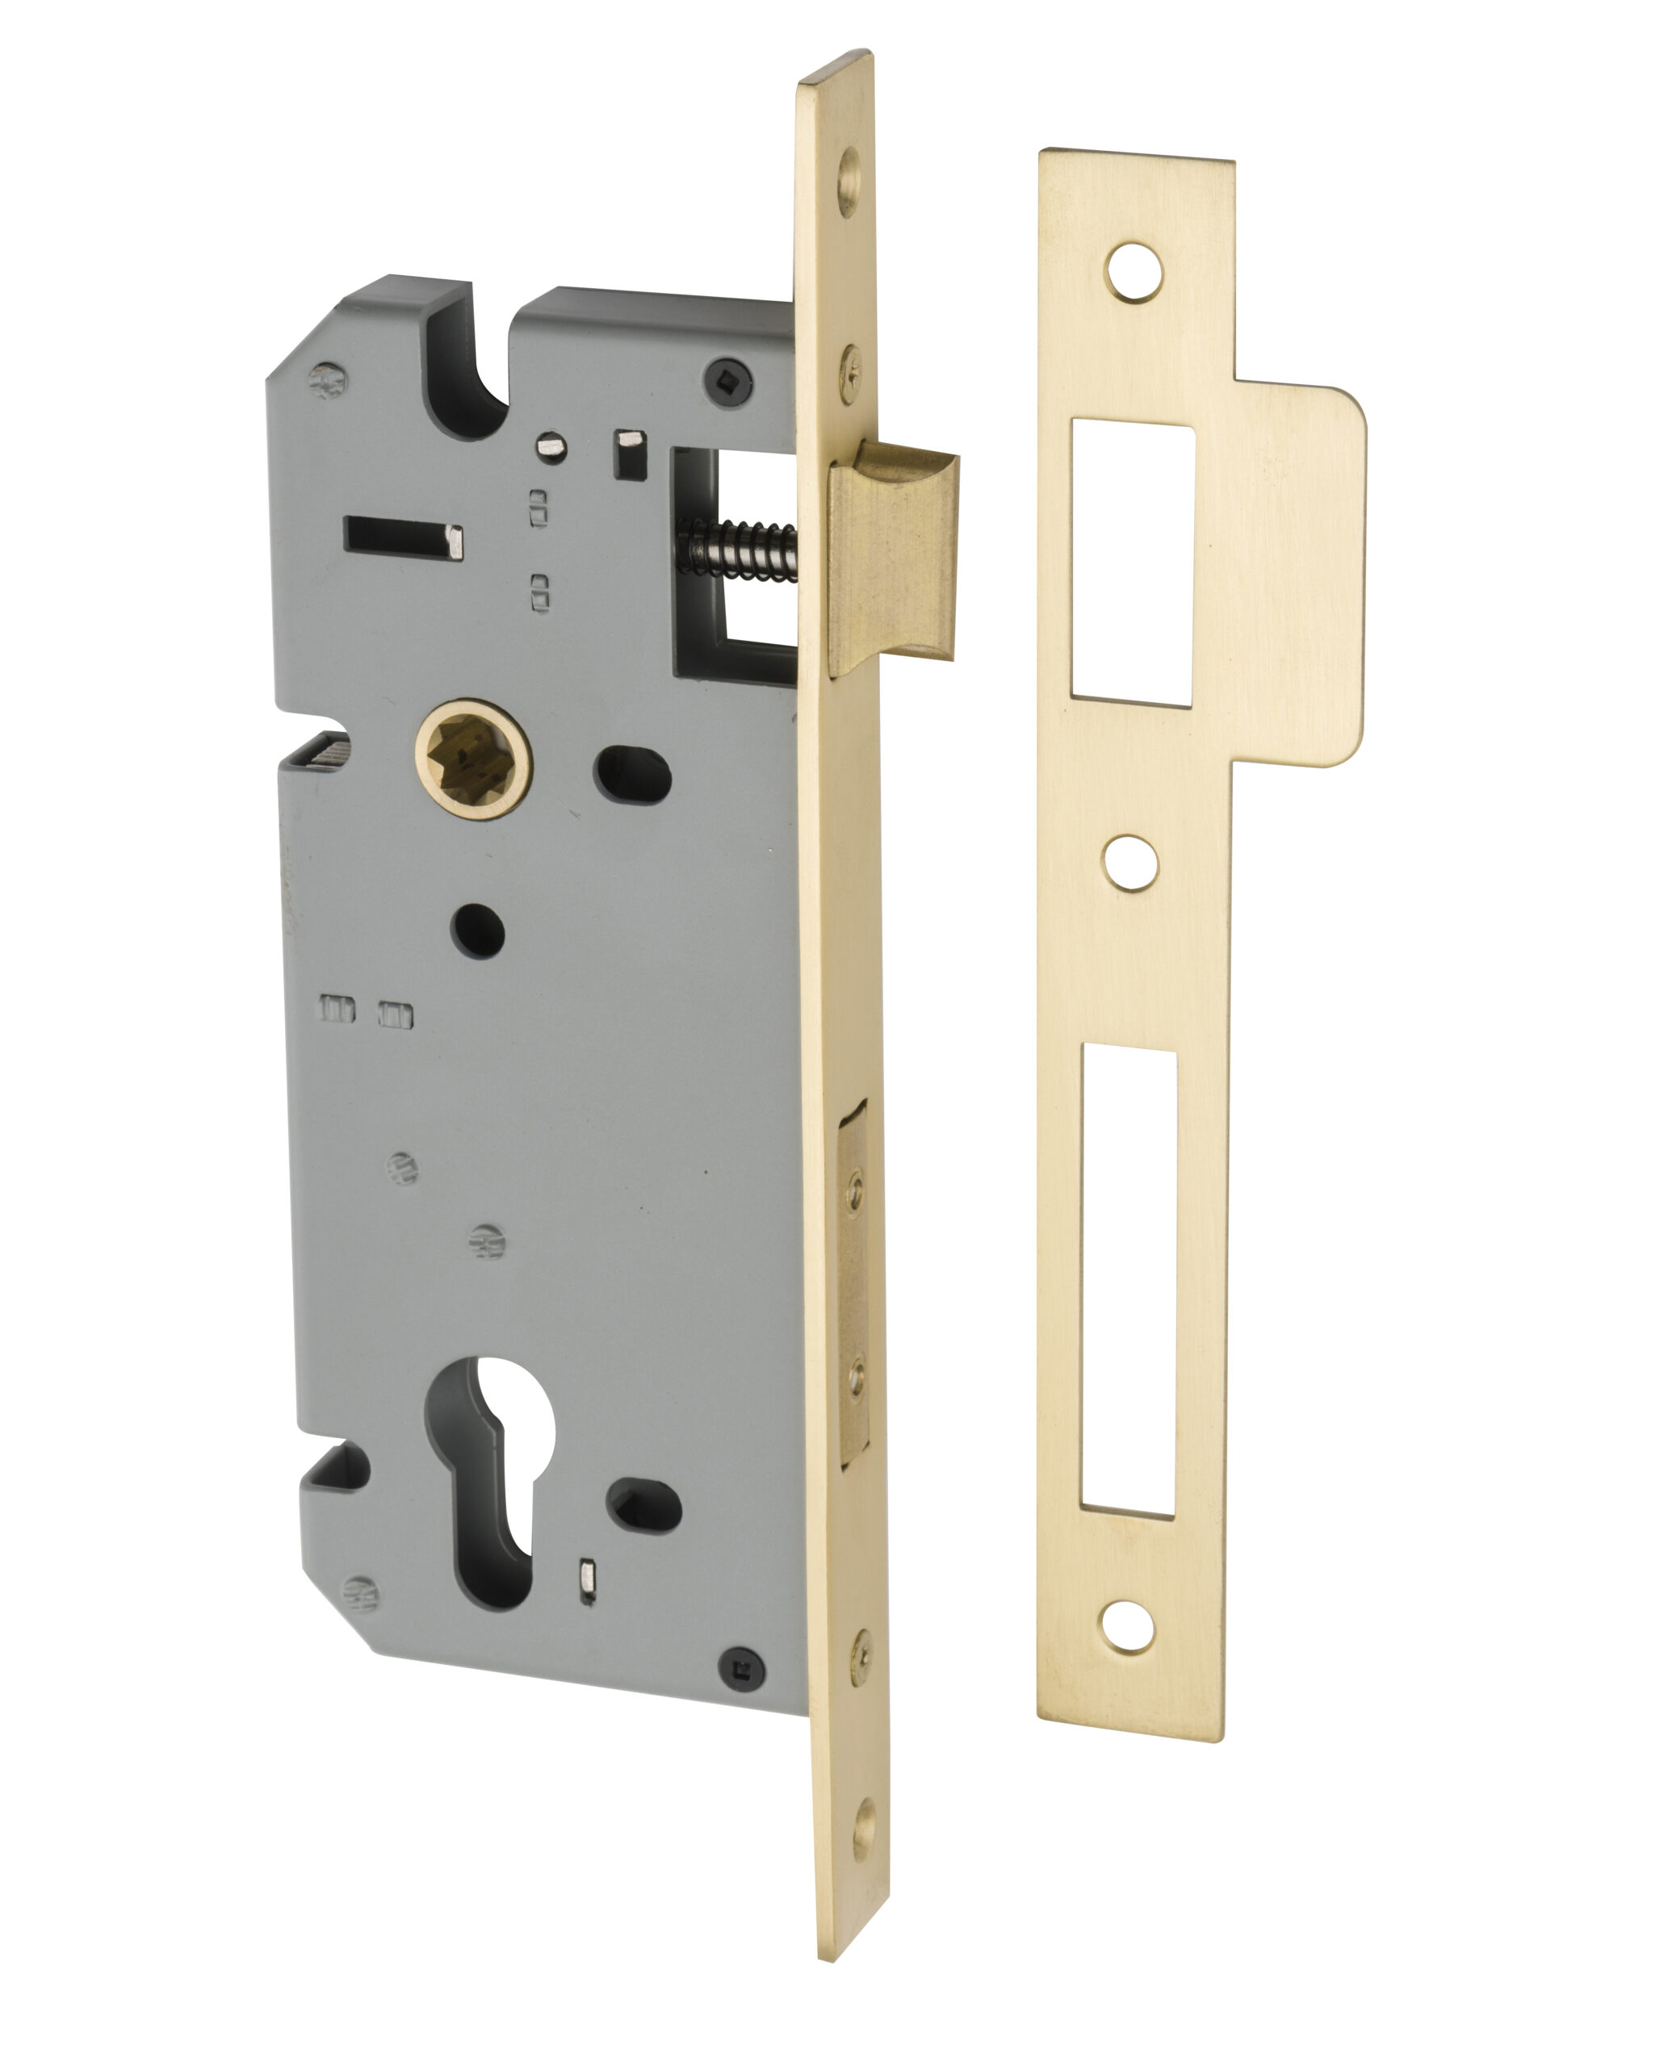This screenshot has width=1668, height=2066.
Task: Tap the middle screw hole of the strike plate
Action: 1130,862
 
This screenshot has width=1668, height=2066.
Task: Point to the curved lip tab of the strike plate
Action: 1311,576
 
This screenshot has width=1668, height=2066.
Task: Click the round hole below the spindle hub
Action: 477,931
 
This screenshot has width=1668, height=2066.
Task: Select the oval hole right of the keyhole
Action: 643,1509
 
